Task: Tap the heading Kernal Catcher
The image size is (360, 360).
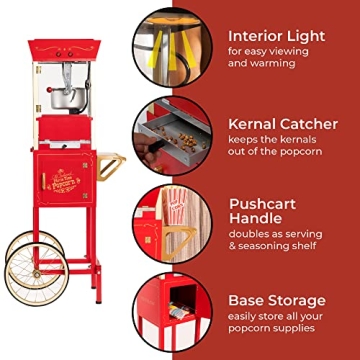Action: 282,124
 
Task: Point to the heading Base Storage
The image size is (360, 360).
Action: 276,299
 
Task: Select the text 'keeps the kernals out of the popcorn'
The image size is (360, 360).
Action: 277,148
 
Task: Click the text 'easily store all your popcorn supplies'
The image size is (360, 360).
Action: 276,324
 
